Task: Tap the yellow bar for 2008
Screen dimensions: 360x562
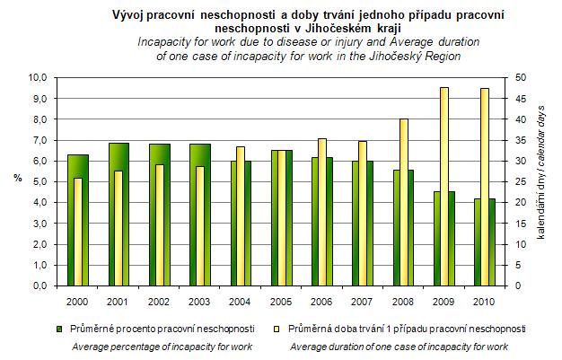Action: [x=404, y=202]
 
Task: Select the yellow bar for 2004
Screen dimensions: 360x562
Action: [x=241, y=216]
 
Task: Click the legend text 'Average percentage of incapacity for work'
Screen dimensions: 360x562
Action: [x=162, y=346]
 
